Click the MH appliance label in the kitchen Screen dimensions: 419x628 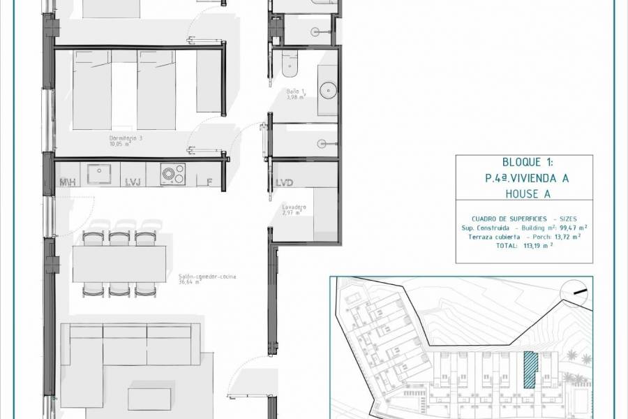click(68, 182)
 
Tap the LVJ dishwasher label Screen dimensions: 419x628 click(133, 182)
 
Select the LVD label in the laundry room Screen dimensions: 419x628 click(284, 183)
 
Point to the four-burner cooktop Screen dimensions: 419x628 click(172, 172)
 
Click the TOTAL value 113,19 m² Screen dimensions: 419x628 click(537, 246)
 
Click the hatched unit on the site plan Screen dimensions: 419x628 click(531, 369)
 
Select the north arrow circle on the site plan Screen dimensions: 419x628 click(577, 292)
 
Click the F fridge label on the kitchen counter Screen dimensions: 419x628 click(209, 182)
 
